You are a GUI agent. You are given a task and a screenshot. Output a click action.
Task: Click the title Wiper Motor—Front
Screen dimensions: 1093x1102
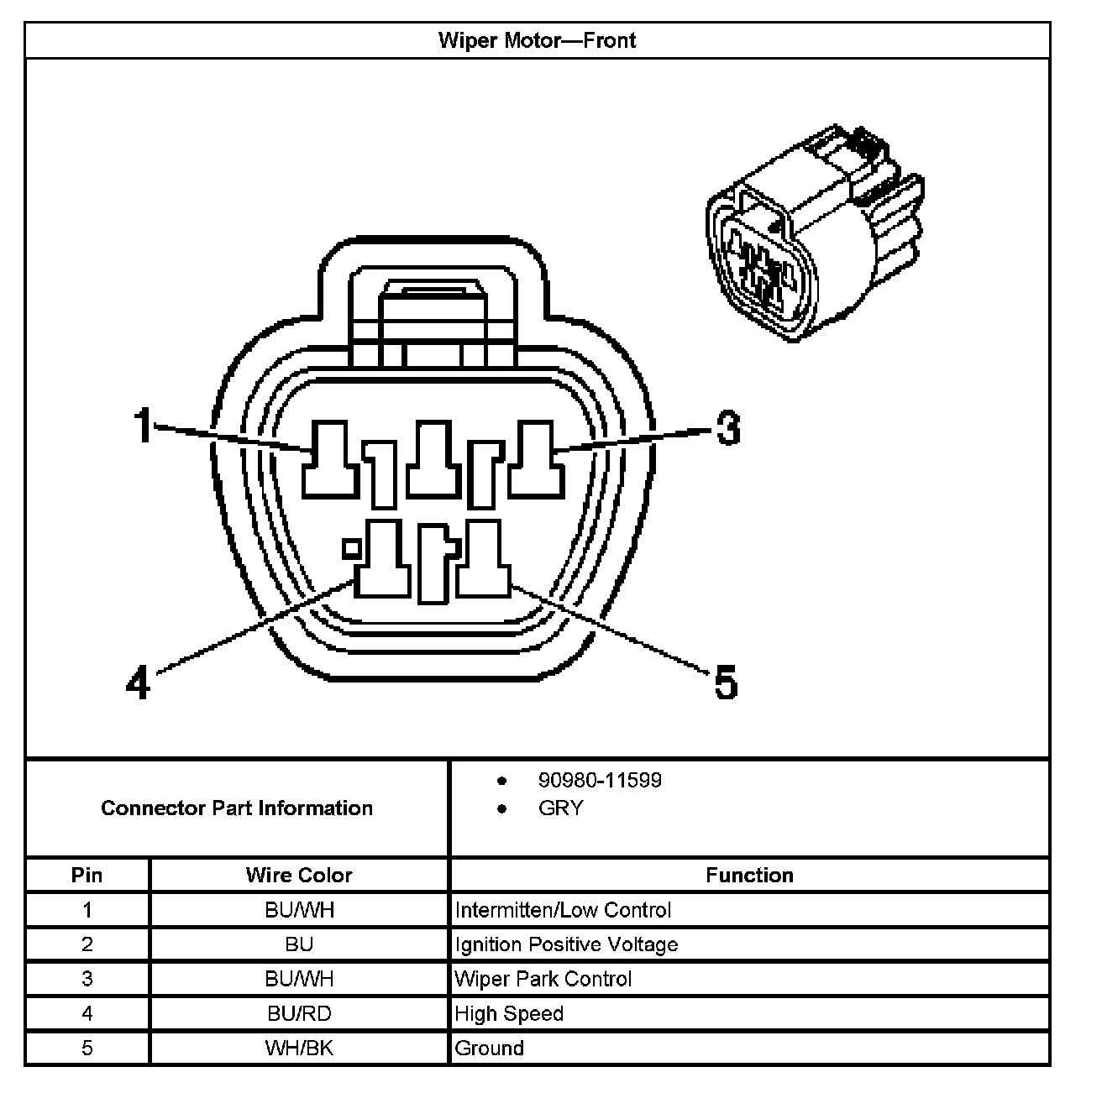[537, 40]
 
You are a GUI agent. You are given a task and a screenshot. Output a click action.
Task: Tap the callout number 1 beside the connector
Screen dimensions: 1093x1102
[144, 425]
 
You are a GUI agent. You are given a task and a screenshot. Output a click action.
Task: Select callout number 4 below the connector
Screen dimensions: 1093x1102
[138, 682]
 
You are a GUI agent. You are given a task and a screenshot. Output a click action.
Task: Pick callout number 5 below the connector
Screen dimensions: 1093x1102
[726, 682]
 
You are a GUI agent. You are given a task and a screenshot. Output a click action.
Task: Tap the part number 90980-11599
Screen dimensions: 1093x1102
[600, 780]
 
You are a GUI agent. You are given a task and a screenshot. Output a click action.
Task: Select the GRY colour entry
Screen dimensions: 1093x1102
[560, 808]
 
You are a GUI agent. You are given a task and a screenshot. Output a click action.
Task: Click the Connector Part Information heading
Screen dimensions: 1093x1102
[237, 808]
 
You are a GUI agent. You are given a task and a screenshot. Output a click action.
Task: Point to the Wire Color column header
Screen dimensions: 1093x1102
[299, 875]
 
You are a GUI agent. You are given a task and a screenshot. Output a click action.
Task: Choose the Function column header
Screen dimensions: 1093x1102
[749, 875]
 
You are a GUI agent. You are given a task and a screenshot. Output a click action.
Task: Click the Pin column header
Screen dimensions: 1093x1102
[87, 875]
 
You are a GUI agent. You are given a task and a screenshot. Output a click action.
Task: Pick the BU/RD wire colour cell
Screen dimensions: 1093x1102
[299, 1013]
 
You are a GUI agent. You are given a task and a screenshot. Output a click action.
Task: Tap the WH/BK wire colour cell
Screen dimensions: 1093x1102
[299, 1048]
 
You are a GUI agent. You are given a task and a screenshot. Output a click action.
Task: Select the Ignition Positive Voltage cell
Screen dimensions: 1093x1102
[566, 944]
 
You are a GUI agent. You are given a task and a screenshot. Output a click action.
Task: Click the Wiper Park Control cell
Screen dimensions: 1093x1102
[543, 979]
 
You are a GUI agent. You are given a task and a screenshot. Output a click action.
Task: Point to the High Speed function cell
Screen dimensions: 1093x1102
[509, 1013]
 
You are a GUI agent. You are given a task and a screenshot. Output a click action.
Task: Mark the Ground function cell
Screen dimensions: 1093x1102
[489, 1048]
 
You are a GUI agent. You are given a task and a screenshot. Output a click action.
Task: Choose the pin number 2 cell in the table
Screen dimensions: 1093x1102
[87, 944]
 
